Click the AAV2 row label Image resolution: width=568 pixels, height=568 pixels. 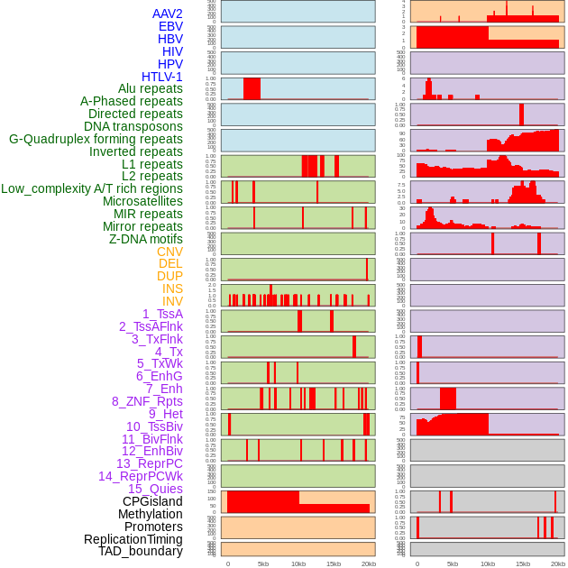pyautogui.click(x=168, y=14)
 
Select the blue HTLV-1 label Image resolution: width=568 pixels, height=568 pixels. pyautogui.click(x=161, y=77)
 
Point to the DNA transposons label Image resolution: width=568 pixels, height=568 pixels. pyautogui.click(x=133, y=126)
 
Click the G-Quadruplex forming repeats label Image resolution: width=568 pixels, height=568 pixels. pyautogui.click(x=96, y=139)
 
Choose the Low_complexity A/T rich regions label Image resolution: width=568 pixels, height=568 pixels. pyautogui.click(x=92, y=188)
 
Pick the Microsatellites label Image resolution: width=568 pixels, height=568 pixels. pyautogui.click(x=142, y=201)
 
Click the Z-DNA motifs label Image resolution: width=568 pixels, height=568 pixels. pyautogui.click(x=145, y=239)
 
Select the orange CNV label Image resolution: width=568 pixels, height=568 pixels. pyautogui.click(x=169, y=252)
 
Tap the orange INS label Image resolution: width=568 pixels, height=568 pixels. pyautogui.click(x=172, y=289)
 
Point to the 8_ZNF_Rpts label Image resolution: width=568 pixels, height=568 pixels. pyautogui.click(x=147, y=401)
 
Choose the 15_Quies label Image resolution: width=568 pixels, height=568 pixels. pyautogui.click(x=155, y=489)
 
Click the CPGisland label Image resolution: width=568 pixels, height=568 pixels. pyautogui.click(x=152, y=501)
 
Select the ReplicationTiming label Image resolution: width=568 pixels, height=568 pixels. pyautogui.click(x=133, y=539)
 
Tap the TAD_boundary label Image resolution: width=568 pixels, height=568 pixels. pyautogui.click(x=140, y=551)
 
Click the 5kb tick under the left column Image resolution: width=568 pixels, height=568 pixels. pyautogui.click(x=263, y=563)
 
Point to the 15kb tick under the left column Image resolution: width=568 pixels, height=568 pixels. pyautogui.click(x=334, y=563)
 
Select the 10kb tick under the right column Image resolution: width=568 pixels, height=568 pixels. pyautogui.click(x=488, y=563)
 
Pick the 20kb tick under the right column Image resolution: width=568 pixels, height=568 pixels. pyautogui.click(x=558, y=563)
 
